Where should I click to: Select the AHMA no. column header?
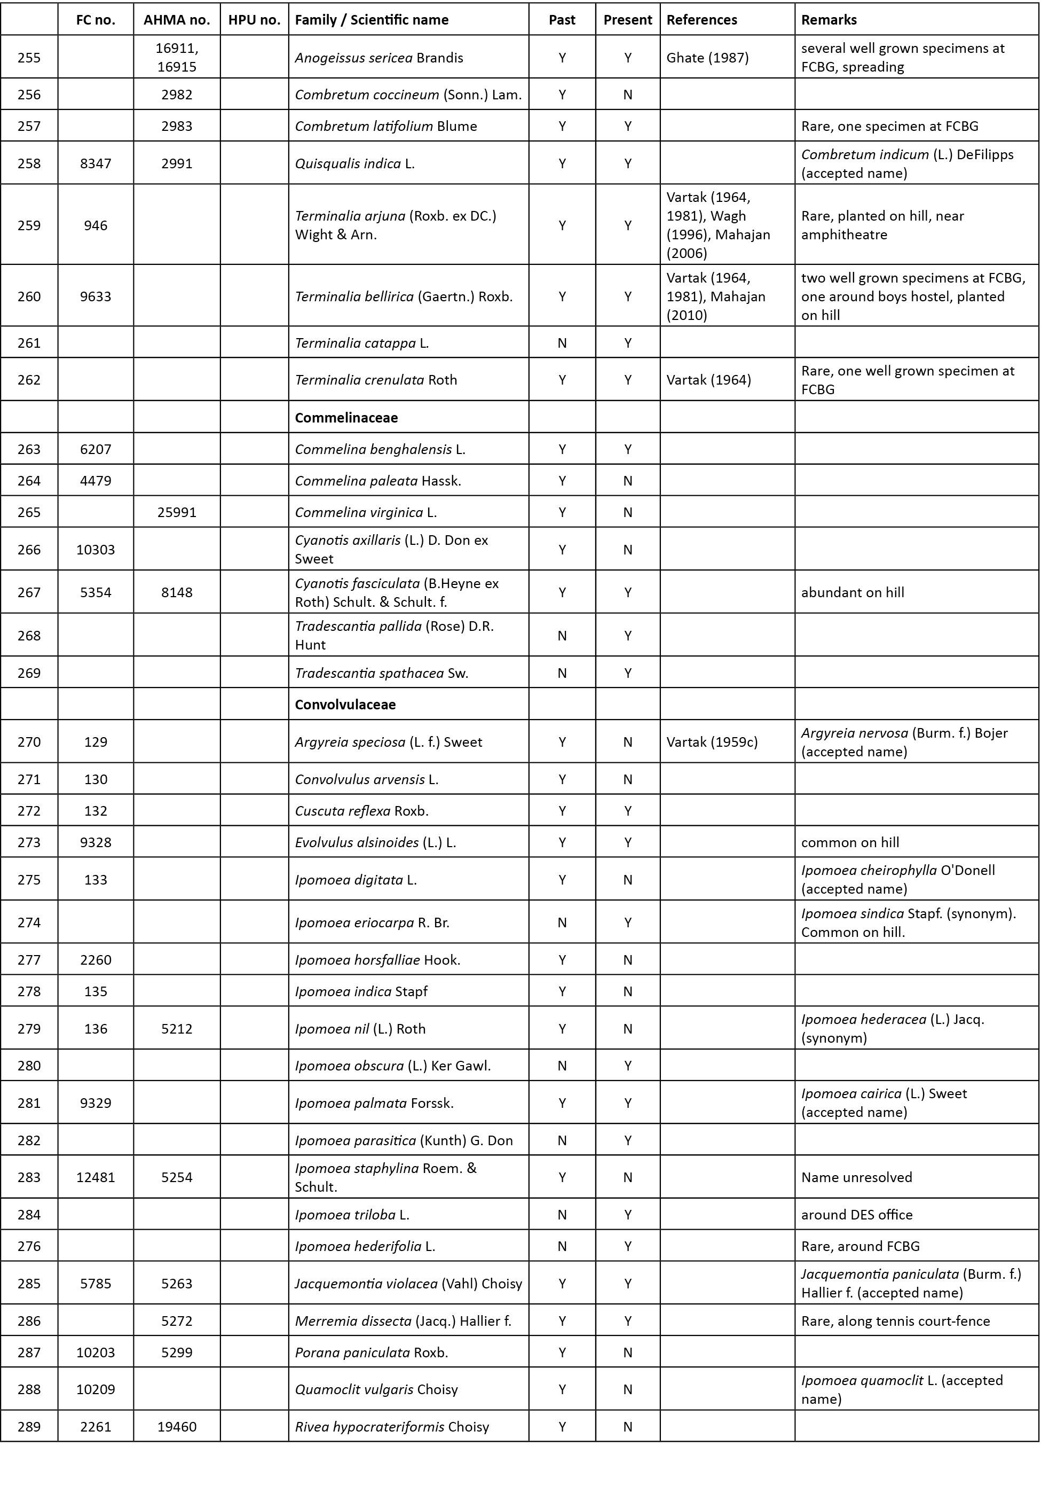tap(177, 20)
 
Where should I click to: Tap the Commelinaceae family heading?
tap(346, 418)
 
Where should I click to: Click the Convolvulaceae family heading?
tap(345, 704)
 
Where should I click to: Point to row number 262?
tap(29, 380)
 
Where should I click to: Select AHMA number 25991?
tap(177, 512)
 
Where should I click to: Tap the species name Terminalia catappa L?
tap(361, 342)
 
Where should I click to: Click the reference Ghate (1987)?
tap(707, 58)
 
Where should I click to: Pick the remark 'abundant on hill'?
tap(852, 592)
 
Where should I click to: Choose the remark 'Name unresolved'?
tap(856, 1177)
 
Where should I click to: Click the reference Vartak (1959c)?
tap(712, 742)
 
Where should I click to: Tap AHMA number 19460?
tap(177, 1427)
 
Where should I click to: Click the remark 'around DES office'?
tap(856, 1215)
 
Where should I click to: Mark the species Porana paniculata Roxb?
tap(371, 1352)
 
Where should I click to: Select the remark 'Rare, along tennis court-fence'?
tap(895, 1321)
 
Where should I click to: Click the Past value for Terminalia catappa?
tap(562, 342)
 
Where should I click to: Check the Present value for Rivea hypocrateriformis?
tap(627, 1427)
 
